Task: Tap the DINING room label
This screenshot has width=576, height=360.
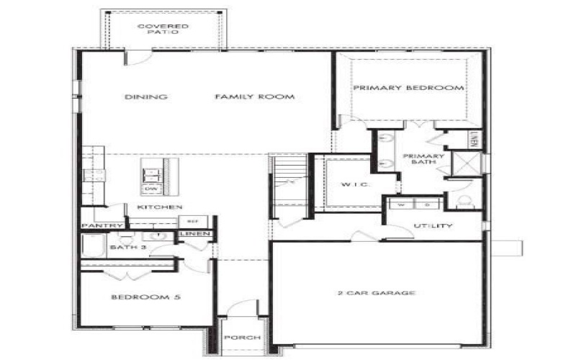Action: (x=145, y=97)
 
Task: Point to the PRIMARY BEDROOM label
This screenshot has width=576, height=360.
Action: (x=408, y=88)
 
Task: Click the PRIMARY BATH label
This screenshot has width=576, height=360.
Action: (x=423, y=160)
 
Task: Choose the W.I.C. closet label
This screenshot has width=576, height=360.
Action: (x=354, y=185)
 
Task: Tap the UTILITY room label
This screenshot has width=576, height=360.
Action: (x=433, y=226)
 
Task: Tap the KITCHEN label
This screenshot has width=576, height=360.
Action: (x=159, y=207)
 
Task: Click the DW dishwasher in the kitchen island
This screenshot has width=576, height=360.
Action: (x=151, y=189)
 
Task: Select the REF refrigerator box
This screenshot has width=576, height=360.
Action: (x=192, y=221)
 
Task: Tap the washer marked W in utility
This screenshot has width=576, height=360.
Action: (x=401, y=204)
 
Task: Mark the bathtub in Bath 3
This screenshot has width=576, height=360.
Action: (x=92, y=248)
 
